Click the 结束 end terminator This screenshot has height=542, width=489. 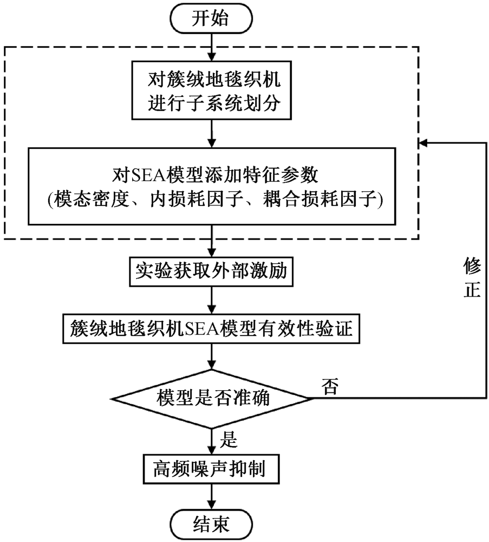click(211, 524)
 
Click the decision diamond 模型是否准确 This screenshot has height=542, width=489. click(211, 399)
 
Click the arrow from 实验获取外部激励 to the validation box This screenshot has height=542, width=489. click(211, 300)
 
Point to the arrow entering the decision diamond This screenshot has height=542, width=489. click(211, 358)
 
